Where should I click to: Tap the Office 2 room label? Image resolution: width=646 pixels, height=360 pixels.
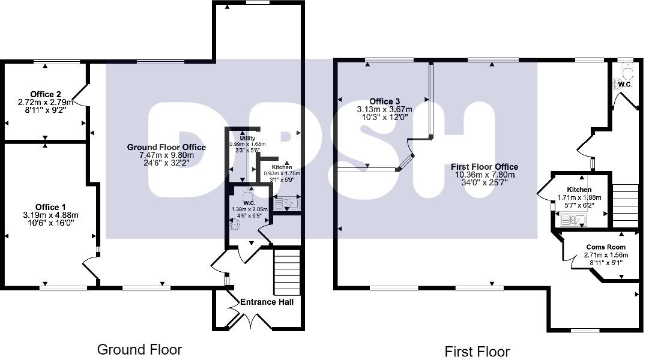click(46, 94)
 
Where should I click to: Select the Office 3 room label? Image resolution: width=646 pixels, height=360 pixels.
click(385, 101)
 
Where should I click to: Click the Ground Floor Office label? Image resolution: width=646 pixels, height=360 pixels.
click(166, 147)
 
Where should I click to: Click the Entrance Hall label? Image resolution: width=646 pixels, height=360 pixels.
click(267, 302)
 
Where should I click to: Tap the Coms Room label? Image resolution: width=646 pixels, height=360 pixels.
click(606, 247)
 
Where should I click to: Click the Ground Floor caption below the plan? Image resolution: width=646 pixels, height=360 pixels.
click(139, 349)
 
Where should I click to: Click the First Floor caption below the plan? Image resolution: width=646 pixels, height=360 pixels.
click(477, 352)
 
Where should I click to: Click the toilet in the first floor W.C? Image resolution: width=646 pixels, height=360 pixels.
click(626, 73)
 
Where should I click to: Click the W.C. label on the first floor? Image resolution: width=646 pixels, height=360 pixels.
click(625, 85)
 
